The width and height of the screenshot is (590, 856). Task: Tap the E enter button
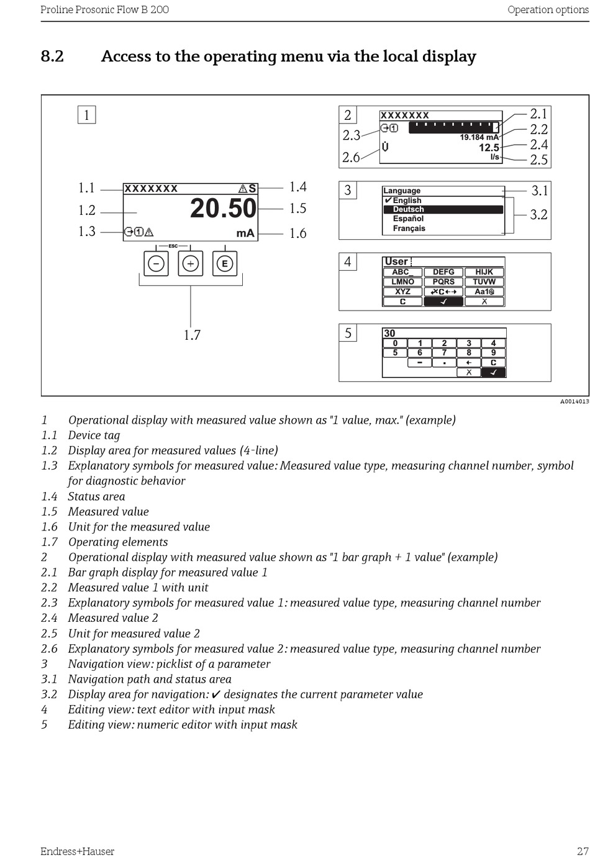tap(224, 263)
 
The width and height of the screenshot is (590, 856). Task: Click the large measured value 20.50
tap(223, 208)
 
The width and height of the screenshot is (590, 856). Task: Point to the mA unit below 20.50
tap(245, 233)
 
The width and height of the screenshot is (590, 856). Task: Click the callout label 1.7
tap(192, 335)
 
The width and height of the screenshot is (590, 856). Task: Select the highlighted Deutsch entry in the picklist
tap(408, 209)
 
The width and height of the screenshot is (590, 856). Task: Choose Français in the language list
tap(409, 228)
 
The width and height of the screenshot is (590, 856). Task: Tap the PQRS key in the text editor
tap(443, 281)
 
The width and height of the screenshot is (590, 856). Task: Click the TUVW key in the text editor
tap(484, 281)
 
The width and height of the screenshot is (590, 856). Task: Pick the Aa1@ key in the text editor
tap(484, 291)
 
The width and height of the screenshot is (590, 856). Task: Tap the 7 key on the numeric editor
tap(444, 353)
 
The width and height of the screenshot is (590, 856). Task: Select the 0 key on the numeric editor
tap(395, 343)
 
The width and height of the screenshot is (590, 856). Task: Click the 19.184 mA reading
tap(479, 137)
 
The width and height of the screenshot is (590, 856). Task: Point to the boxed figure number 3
tap(348, 190)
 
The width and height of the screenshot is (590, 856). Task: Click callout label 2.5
tap(538, 160)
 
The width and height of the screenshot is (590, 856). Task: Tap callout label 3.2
tap(538, 215)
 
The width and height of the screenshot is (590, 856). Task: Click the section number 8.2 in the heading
tap(52, 57)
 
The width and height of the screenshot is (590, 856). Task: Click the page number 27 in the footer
tap(582, 851)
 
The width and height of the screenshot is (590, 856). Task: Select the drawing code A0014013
tap(574, 401)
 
